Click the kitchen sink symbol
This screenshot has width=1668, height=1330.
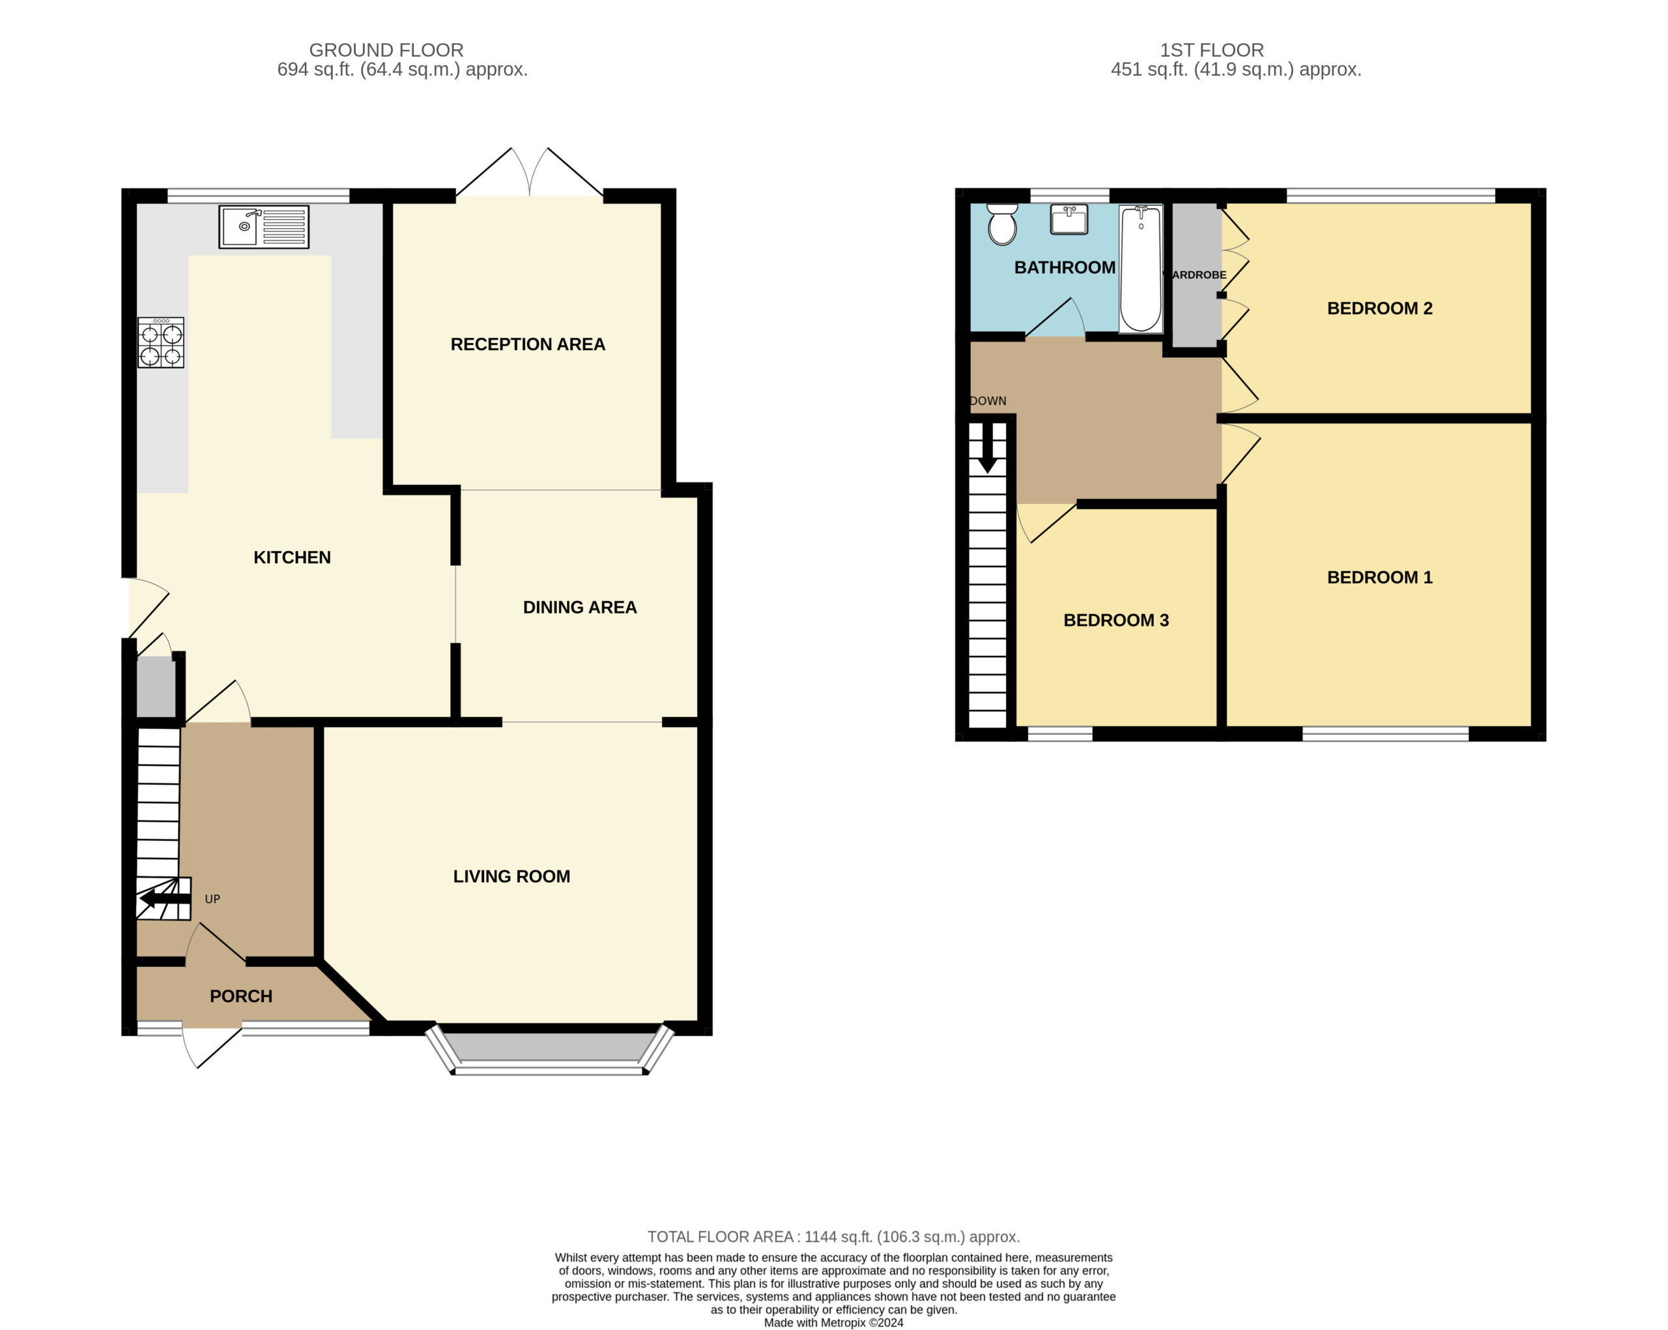[264, 227]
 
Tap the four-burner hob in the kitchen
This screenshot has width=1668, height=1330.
[161, 342]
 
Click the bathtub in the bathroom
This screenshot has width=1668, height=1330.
[1140, 269]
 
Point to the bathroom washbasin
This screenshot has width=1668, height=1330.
[1069, 219]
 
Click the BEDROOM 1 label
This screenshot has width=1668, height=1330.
[1379, 578]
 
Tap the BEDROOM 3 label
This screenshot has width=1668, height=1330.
[1115, 620]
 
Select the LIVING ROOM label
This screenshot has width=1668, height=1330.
[511, 876]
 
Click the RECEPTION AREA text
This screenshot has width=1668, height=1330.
[528, 344]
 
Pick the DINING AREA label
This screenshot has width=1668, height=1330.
[579, 608]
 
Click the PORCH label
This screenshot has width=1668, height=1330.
[240, 996]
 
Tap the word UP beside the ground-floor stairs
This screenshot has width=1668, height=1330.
[212, 899]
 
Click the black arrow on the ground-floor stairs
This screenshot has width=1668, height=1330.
[165, 899]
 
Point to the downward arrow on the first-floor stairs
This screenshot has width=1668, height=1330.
[987, 447]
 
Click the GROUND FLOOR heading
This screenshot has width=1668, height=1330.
[386, 50]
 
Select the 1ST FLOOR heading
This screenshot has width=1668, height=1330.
[1211, 50]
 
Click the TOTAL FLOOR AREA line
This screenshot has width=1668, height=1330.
[833, 1237]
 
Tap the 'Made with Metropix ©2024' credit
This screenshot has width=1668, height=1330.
[833, 1322]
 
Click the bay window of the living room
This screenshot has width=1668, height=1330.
[549, 1052]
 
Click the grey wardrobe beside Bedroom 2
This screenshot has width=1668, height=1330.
[1196, 275]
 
